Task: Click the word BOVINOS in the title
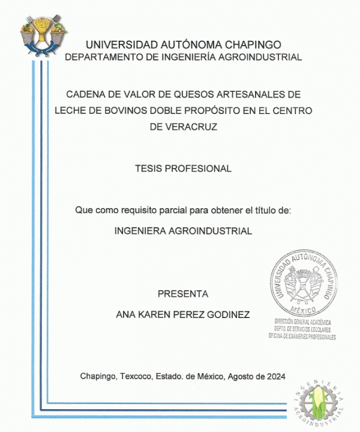tap(122, 111)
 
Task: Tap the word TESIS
tap(151, 169)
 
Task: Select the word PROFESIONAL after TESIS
tap(202, 169)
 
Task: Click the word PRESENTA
tap(183, 294)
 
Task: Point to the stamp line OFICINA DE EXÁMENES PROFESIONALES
tap(302, 337)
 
